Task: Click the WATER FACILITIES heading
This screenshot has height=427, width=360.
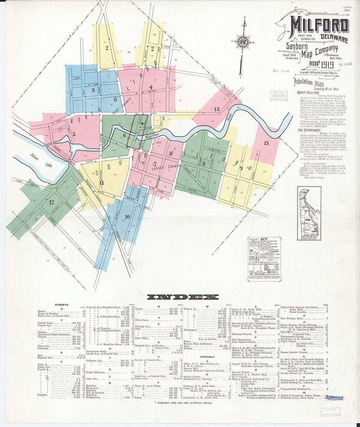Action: point(308,93)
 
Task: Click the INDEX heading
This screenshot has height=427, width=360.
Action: point(183,297)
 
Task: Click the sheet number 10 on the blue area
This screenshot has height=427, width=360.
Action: point(127,217)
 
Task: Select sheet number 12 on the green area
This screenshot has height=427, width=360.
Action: point(51,203)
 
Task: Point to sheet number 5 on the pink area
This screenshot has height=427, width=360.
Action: point(74,134)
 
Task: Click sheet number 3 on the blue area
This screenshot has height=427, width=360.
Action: point(93,90)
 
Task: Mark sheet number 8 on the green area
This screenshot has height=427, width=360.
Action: point(204,164)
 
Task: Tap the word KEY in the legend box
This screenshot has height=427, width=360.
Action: point(264,240)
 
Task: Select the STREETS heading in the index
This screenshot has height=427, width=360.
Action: point(62,305)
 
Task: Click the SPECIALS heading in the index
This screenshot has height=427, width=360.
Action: point(207,357)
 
